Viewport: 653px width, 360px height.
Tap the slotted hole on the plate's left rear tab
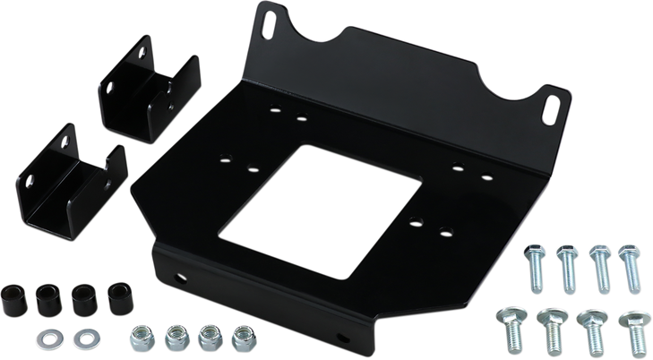(x=270, y=28)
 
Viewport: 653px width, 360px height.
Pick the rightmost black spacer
(x=116, y=296)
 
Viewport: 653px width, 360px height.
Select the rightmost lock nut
(x=240, y=337)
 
